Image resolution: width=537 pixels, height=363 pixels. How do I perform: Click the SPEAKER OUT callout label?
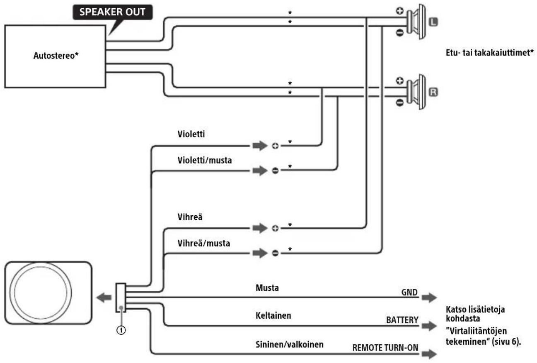112,12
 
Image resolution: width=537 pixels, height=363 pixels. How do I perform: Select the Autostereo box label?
56,56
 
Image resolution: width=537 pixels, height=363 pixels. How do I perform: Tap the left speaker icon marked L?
416,22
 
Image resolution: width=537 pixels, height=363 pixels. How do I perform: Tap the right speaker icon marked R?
416,92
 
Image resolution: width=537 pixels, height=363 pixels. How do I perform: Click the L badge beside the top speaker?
433,22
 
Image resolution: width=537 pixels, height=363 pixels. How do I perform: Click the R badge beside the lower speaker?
433,92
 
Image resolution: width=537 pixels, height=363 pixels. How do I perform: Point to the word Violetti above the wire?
191,134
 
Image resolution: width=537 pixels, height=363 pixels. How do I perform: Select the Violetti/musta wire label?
205,160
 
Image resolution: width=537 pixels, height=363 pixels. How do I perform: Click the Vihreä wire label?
190,217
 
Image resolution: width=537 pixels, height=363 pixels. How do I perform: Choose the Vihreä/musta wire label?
204,243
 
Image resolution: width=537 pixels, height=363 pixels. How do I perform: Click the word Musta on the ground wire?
267,288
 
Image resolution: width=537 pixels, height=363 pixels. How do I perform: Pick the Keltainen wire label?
273,315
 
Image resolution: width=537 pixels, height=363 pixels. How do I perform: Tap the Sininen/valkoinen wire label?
289,344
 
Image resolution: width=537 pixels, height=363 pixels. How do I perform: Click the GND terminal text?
409,292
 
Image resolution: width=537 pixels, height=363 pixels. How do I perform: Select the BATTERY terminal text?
402,320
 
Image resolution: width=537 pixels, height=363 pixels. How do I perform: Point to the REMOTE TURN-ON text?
385,348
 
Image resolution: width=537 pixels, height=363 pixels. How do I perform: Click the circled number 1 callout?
121,330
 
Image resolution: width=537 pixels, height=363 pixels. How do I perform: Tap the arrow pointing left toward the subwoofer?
104,298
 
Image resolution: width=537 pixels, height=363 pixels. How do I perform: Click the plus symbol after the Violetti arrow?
275,146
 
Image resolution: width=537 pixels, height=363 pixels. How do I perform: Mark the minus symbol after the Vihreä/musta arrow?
275,253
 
